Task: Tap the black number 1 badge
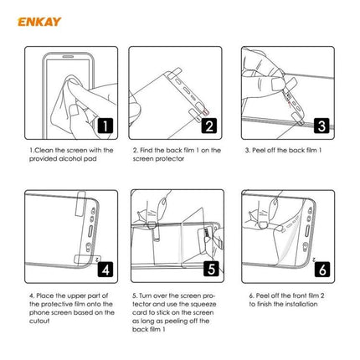click(x=105, y=127)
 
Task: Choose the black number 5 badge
click(x=212, y=270)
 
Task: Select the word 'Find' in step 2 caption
click(x=148, y=151)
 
